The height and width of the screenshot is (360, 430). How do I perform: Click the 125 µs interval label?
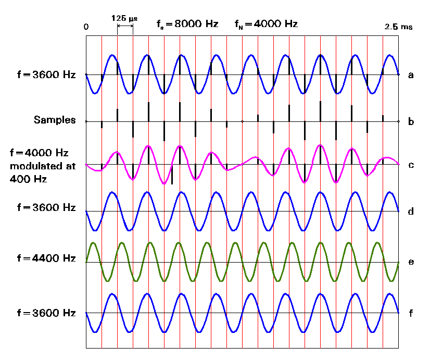coord(124,18)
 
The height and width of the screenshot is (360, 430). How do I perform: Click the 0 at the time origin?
coord(86,27)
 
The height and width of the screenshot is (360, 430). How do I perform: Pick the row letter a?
coord(411,75)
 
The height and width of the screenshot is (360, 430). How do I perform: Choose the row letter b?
coord(411,122)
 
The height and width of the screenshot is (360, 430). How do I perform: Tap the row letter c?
coord(411,165)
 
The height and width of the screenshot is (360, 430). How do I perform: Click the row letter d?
coord(411,212)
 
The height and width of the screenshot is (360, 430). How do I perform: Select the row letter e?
coord(411,262)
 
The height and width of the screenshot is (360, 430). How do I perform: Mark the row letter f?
coord(411,313)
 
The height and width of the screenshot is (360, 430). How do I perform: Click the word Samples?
coord(55,120)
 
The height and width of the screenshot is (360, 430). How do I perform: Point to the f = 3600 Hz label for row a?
coord(46,75)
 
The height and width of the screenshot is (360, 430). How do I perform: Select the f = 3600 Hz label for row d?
coord(46,207)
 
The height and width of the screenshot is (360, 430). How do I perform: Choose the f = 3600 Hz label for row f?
coord(46,313)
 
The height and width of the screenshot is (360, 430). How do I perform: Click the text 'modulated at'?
coord(43,166)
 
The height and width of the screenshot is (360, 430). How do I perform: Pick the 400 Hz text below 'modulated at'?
coord(25,179)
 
